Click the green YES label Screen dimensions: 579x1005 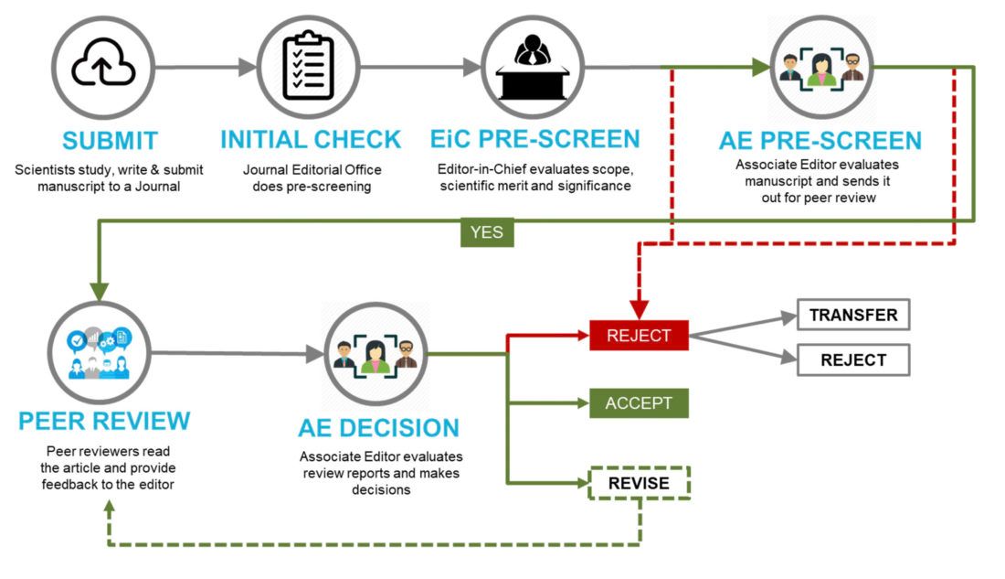(486, 232)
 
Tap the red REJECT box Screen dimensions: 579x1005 (639, 336)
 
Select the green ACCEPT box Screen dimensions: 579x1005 (639, 403)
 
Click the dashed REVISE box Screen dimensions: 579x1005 (639, 484)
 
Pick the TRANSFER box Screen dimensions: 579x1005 (853, 316)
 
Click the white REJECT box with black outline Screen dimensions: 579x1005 (853, 359)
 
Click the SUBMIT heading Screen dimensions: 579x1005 (110, 140)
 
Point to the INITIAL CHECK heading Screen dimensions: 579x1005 (311, 140)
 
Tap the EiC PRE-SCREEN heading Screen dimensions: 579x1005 (534, 140)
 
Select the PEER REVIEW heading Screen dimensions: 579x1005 (104, 421)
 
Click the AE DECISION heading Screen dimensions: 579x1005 (378, 428)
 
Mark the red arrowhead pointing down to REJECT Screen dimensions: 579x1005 (639, 308)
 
